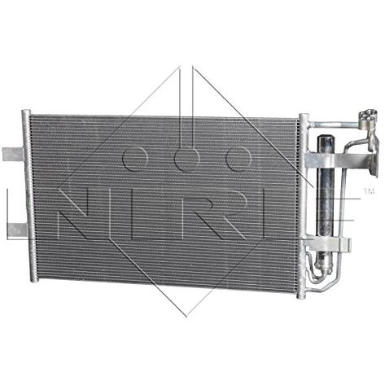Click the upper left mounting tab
(13, 154)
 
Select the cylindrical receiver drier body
(326, 199)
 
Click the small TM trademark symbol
(370, 191)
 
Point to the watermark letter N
(72, 214)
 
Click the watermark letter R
(214, 214)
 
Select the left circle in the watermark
(135, 159)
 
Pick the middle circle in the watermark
(187, 159)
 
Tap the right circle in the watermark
(238, 159)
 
